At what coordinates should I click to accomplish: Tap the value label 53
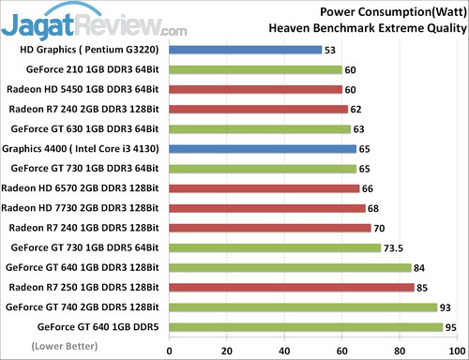click(x=331, y=50)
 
